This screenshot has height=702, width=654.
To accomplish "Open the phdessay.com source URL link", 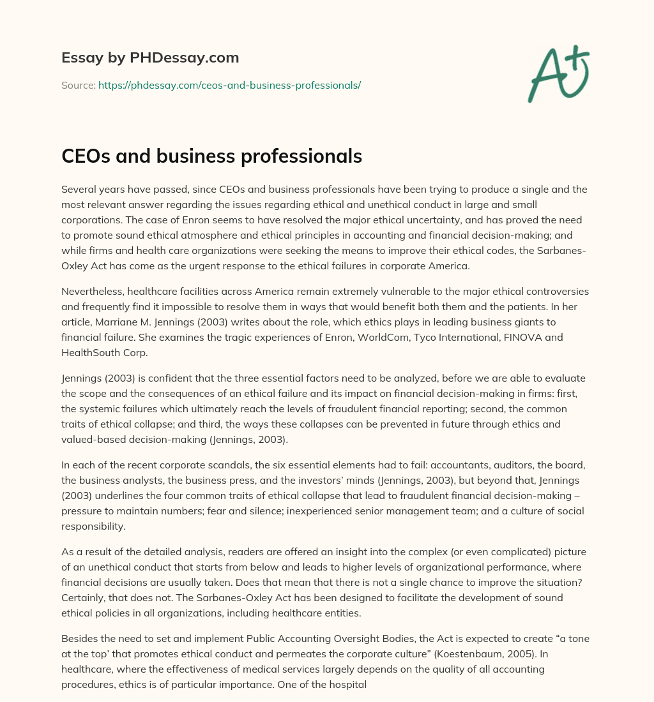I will pyautogui.click(x=229, y=85).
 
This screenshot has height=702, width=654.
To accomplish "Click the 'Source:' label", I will pyautogui.click(x=78, y=85).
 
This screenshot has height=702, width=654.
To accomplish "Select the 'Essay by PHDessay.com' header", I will pyautogui.click(x=150, y=58).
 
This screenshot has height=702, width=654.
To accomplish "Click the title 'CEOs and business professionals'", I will pyautogui.click(x=211, y=156).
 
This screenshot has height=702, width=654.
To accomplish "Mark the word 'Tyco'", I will pyautogui.click(x=406, y=337).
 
